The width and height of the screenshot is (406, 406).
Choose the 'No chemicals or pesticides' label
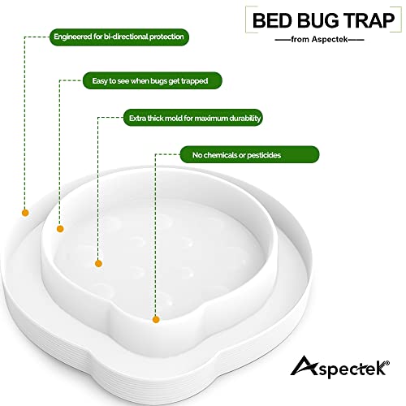(248, 154)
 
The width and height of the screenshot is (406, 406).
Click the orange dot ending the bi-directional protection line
(25, 213)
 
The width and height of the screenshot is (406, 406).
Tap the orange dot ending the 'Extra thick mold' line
(98, 262)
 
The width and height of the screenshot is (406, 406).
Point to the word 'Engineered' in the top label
(72, 37)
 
